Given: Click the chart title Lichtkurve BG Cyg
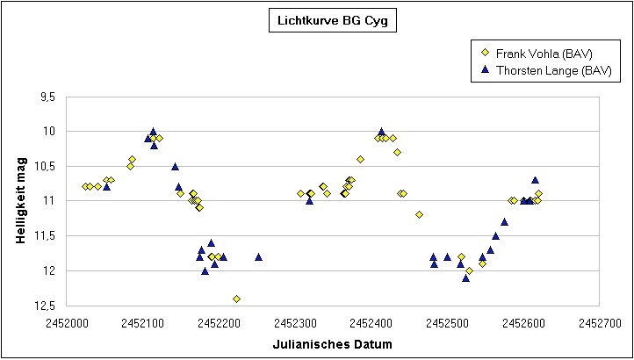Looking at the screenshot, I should (333, 23).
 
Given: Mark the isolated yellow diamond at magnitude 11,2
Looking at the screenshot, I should (419, 214).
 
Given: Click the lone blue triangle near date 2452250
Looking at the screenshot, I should (258, 256).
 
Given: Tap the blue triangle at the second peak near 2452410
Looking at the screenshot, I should (381, 132).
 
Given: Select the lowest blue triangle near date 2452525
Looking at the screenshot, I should (465, 277).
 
